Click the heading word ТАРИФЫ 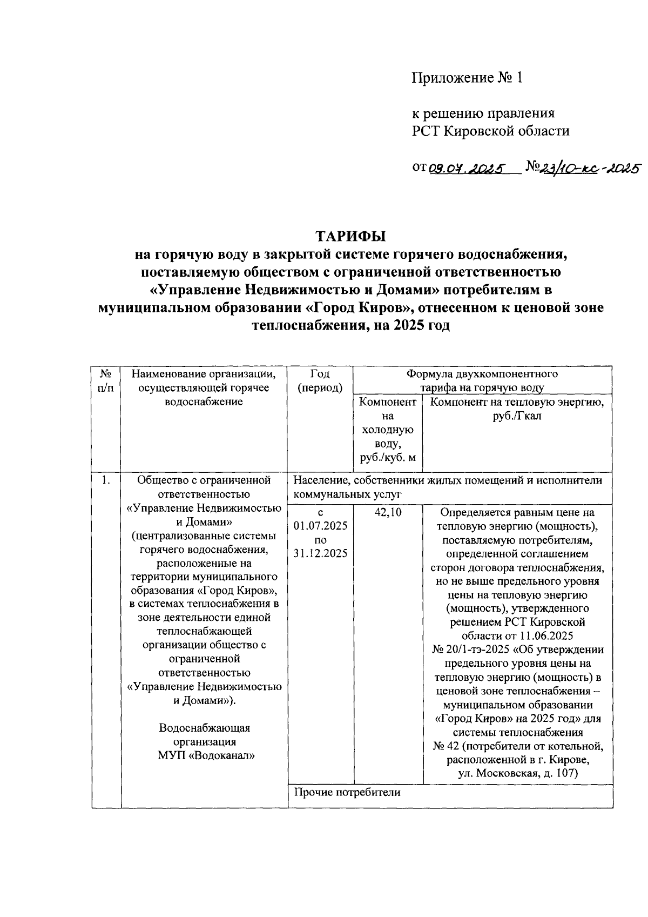pyautogui.click(x=351, y=237)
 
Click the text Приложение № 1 pyautogui.click(x=468, y=78)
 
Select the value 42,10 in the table pyautogui.click(x=388, y=512)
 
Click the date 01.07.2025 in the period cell pyautogui.click(x=320, y=526)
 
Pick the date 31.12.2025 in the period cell pyautogui.click(x=320, y=554)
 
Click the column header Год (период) pyautogui.click(x=320, y=380)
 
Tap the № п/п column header pyautogui.click(x=106, y=380)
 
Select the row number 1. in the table pyautogui.click(x=106, y=480)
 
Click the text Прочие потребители pyautogui.click(x=347, y=793)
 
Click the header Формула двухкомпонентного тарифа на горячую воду pyautogui.click(x=482, y=380)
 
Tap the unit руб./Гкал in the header pyautogui.click(x=517, y=416)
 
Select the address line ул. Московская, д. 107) pyautogui.click(x=518, y=774)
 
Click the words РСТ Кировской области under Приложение pyautogui.click(x=491, y=131)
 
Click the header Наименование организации pyautogui.click(x=204, y=373)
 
